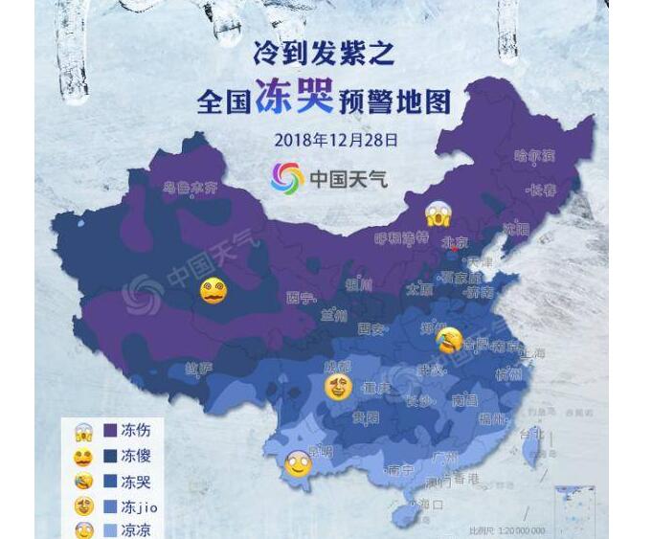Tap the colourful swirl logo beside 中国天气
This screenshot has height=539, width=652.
(x=286, y=177)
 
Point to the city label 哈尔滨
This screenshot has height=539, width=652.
(x=534, y=155)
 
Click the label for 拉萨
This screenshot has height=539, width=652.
(x=197, y=369)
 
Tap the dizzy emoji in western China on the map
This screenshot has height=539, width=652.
(x=213, y=291)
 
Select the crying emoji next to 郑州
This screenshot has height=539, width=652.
(x=448, y=338)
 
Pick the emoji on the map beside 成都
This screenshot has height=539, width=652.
(x=337, y=388)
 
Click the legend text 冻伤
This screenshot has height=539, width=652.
(x=136, y=431)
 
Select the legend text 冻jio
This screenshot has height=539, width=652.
(x=141, y=505)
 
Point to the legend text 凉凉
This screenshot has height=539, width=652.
(x=136, y=530)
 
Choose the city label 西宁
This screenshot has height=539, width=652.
(x=300, y=299)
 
